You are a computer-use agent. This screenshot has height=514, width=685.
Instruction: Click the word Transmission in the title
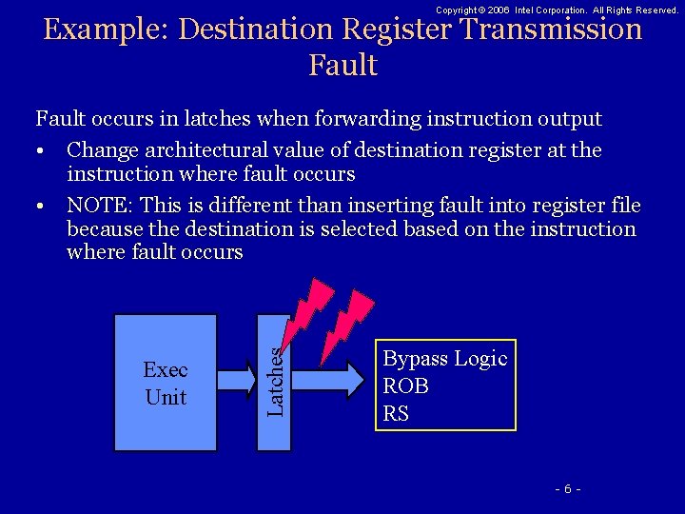(551, 30)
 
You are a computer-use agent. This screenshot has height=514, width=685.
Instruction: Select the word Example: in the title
(108, 30)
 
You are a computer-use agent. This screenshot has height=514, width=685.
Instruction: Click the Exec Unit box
(166, 383)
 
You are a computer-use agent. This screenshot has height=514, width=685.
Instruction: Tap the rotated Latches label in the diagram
(275, 381)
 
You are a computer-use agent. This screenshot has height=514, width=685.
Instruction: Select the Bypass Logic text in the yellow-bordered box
(444, 359)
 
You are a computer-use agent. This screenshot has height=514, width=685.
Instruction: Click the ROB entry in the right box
(405, 386)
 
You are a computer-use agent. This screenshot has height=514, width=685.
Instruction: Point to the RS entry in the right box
(396, 413)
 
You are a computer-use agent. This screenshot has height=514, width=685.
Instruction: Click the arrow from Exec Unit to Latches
(237, 379)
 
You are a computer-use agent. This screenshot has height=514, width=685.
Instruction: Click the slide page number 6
(567, 488)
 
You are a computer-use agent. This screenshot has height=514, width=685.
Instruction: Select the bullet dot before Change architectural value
(43, 151)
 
